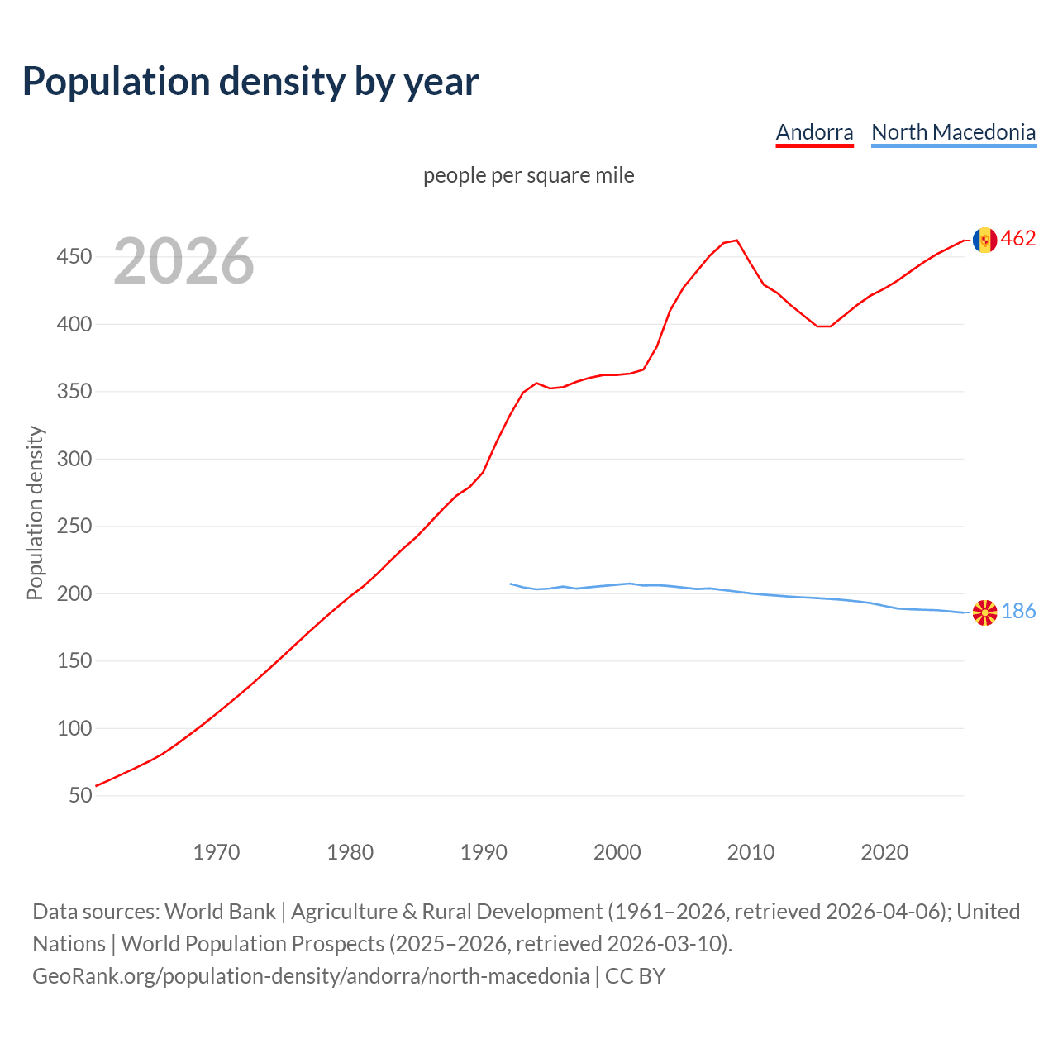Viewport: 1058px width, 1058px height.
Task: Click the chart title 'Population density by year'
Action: point(250,81)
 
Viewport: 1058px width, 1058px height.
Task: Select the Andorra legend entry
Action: point(814,132)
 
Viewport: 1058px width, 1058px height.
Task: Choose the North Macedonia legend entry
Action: point(953,132)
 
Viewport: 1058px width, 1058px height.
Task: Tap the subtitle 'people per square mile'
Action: point(528,175)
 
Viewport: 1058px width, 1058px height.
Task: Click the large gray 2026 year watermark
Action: point(183,261)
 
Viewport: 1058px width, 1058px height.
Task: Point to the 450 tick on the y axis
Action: point(74,257)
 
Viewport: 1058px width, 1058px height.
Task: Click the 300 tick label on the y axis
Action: point(74,459)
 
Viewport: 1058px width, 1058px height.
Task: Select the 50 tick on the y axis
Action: point(80,795)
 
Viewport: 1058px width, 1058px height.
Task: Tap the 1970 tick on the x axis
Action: point(217,851)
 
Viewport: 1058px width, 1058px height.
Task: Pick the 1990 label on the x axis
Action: point(484,851)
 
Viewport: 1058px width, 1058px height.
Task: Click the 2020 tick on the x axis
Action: point(884,851)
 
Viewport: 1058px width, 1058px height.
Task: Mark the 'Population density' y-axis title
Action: point(35,512)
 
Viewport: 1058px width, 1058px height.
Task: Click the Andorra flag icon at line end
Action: point(984,240)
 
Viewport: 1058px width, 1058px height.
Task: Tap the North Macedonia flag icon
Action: point(984,612)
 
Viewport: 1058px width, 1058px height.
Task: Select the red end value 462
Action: point(1018,239)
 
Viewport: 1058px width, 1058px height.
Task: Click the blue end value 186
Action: point(1018,611)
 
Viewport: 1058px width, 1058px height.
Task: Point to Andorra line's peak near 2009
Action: point(736,241)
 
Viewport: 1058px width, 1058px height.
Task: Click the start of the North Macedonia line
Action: point(511,584)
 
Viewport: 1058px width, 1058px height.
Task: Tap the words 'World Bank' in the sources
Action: point(220,911)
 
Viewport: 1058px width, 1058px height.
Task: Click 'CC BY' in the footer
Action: point(635,975)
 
